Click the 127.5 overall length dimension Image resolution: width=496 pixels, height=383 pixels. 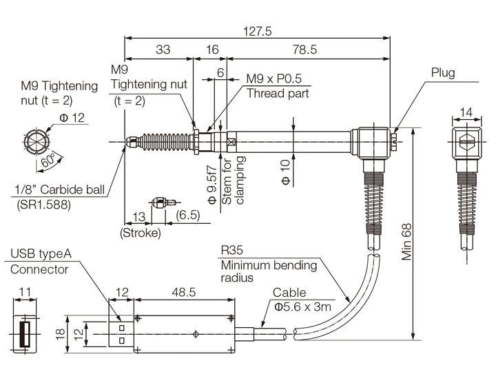point(258,31)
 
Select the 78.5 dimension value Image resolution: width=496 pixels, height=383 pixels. point(305,50)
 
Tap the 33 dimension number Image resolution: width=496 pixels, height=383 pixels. point(163,50)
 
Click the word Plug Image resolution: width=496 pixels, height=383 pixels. point(443,73)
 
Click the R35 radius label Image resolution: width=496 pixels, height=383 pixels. point(233,250)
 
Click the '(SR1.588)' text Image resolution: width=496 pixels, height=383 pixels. point(43,204)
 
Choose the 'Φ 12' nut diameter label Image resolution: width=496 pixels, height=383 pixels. point(72,118)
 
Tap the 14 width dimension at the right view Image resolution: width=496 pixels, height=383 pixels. point(467,112)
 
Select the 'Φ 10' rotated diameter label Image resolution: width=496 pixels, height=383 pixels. point(287,172)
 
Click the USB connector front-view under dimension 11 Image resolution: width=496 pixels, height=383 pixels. point(25,335)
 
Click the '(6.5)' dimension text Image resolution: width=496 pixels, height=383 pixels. point(187,215)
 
